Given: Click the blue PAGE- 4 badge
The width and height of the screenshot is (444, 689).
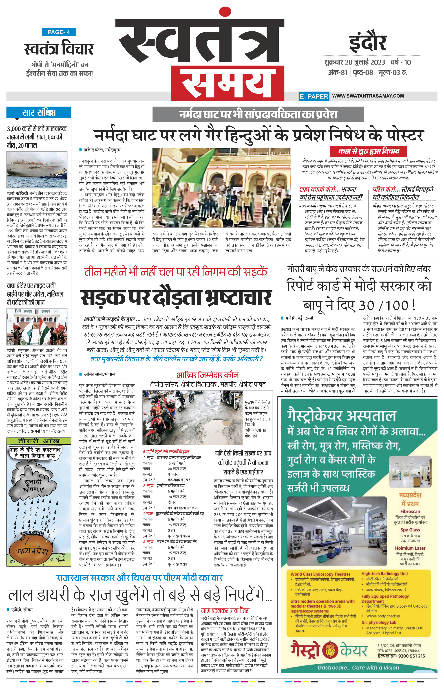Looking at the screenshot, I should click(x=59, y=32).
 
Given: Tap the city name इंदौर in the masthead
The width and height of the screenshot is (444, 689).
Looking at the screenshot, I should click(x=367, y=43).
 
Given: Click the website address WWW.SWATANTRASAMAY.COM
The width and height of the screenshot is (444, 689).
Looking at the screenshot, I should click(x=368, y=96).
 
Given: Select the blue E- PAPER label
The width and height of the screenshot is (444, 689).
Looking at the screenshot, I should click(x=314, y=96).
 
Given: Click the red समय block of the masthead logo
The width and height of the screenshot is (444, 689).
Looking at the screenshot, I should click(x=228, y=83).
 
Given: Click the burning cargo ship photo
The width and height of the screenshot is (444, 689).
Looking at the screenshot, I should click(x=37, y=170).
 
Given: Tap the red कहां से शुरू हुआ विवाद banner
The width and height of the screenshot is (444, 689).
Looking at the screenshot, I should click(x=368, y=151).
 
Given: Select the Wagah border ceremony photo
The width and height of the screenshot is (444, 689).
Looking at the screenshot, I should click(x=37, y=327).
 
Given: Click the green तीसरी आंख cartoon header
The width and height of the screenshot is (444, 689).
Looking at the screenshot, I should click(x=39, y=441).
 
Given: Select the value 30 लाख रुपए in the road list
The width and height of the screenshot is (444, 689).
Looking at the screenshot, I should click(x=177, y=469).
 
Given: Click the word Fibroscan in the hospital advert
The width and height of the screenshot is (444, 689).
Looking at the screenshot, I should click(x=410, y=512).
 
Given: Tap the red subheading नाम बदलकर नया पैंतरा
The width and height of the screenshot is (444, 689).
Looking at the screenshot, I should click(x=225, y=610).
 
